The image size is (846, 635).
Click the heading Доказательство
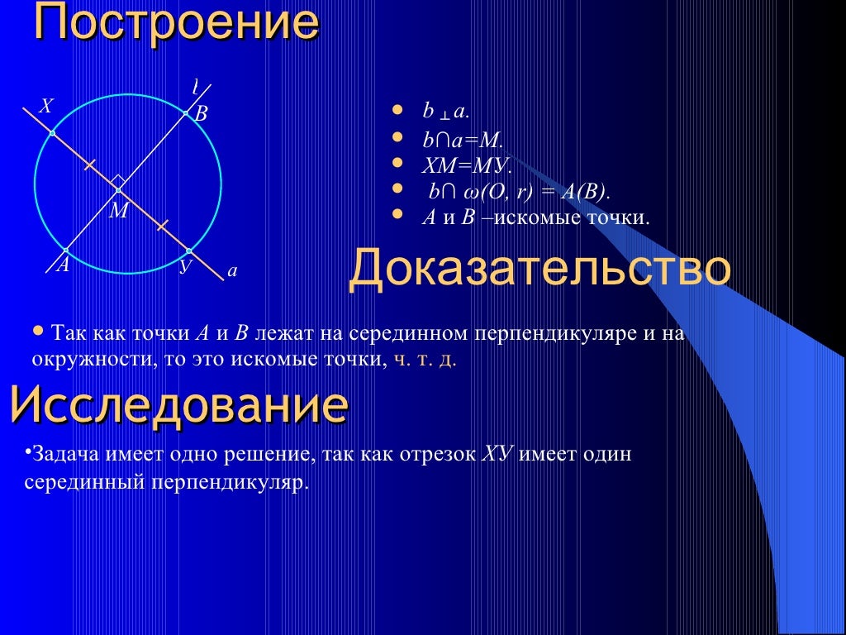coord(539,270)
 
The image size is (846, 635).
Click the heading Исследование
coord(178,405)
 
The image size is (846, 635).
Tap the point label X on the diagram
coord(46,107)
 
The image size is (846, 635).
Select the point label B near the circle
coord(201,115)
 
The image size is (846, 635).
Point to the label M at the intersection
coord(119,212)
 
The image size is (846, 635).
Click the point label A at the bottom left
coord(63,265)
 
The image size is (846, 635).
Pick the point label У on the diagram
coord(186,266)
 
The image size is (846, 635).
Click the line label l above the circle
coord(196,87)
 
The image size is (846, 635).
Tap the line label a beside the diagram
coord(232,270)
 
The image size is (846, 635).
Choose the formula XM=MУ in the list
coord(468,165)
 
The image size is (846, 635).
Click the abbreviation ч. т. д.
coord(423,360)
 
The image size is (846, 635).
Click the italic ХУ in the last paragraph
coord(499,455)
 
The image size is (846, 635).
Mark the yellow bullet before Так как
coord(38,330)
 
